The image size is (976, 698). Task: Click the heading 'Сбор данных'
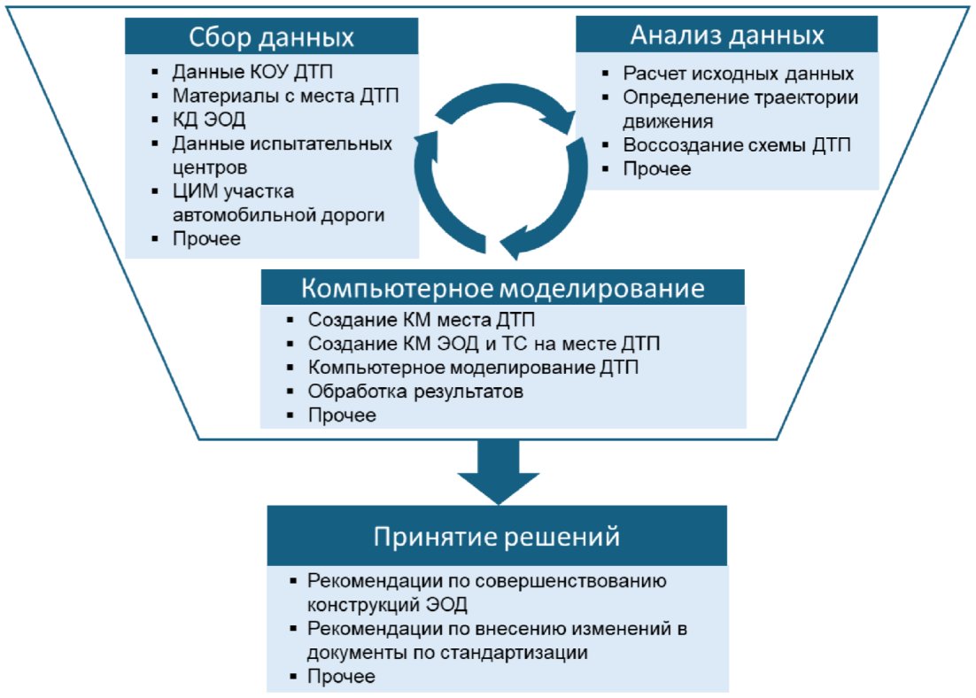click(x=271, y=38)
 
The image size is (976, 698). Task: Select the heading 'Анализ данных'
click(x=727, y=35)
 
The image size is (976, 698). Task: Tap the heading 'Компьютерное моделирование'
click(x=503, y=290)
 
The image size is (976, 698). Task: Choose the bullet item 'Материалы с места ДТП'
click(x=285, y=96)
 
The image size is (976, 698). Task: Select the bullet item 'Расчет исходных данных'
click(x=738, y=74)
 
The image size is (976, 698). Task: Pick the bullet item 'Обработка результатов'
click(x=410, y=391)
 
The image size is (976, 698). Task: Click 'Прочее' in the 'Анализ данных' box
click(x=656, y=169)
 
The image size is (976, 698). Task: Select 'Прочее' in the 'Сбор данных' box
click(x=205, y=239)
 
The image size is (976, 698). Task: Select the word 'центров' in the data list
click(x=209, y=167)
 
